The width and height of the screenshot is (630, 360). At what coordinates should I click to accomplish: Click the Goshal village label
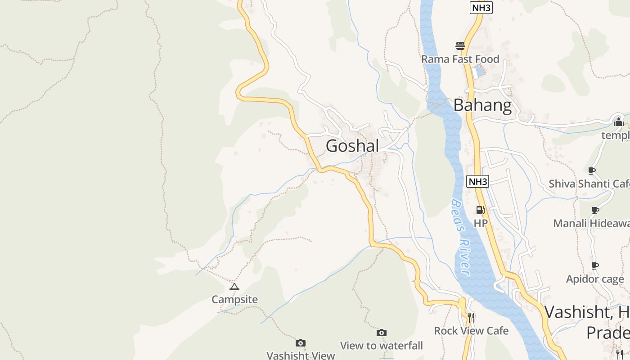(x=352, y=146)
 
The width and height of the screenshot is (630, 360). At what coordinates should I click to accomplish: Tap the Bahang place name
(x=482, y=105)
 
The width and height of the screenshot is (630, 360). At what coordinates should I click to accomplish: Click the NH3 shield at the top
(x=481, y=8)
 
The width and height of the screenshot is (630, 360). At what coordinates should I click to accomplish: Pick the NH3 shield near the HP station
(x=477, y=182)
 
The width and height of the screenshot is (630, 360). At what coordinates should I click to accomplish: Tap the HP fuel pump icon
(x=481, y=210)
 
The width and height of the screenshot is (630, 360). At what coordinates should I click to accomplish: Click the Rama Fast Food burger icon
(x=460, y=46)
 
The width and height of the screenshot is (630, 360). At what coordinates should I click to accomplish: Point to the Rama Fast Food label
(x=460, y=59)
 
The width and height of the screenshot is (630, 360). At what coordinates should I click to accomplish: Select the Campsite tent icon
(x=234, y=287)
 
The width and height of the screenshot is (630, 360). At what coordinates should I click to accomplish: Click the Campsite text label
(x=234, y=299)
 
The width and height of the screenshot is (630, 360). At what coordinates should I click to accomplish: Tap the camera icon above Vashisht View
(x=301, y=343)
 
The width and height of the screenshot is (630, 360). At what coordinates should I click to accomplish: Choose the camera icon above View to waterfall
(x=382, y=333)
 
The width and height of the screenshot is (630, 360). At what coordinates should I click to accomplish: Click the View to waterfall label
(x=382, y=346)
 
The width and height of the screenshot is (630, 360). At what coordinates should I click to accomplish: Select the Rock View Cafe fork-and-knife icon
(x=471, y=317)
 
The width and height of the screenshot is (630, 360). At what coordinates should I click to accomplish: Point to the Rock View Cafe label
(x=471, y=331)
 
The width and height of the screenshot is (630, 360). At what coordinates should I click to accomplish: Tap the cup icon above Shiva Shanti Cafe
(x=592, y=171)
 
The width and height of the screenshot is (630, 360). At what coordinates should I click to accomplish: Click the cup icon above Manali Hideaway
(x=595, y=210)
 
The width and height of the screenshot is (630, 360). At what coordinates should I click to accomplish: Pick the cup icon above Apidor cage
(x=595, y=266)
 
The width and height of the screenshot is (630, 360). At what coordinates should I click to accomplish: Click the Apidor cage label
(x=595, y=279)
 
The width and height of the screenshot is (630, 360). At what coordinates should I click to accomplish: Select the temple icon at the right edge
(x=618, y=121)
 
